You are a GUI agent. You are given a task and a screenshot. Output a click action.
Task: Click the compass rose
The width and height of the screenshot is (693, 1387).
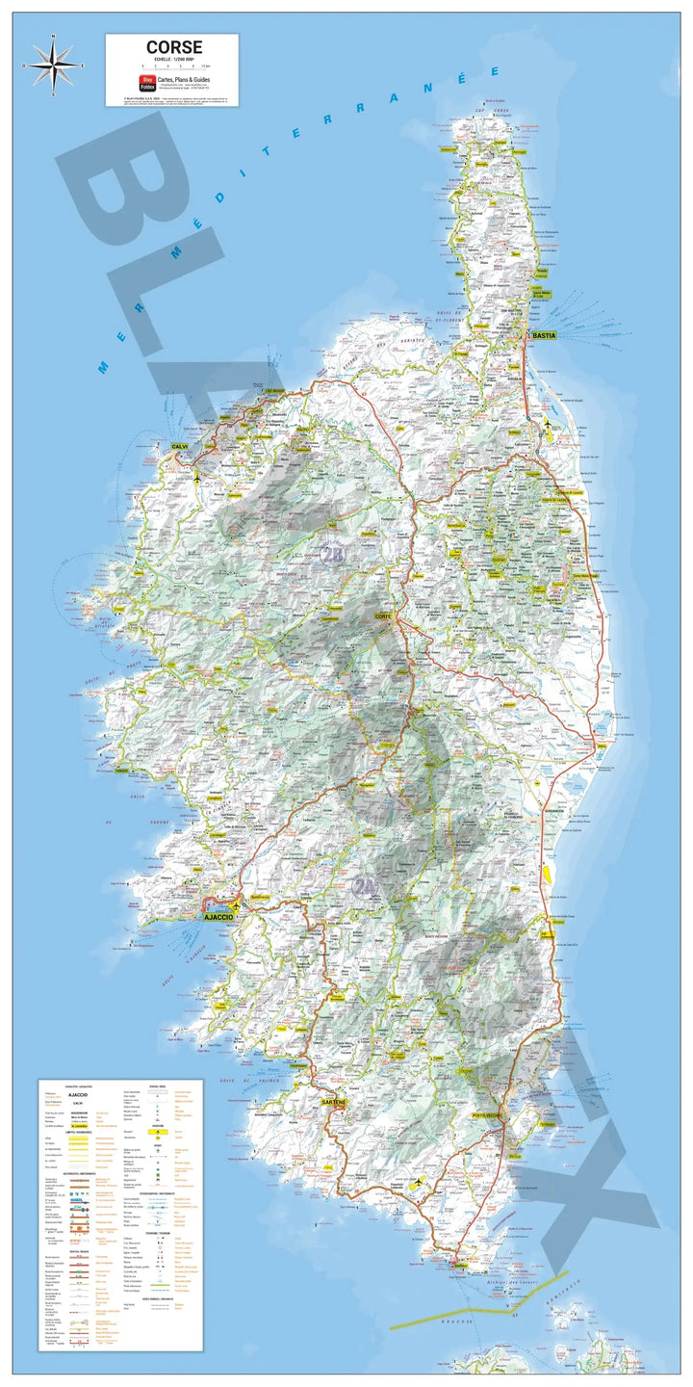(x=53, y=65)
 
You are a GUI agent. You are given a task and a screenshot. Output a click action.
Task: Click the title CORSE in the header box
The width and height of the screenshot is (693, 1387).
(x=174, y=47)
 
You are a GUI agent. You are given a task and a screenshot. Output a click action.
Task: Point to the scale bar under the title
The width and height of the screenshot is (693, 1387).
(x=173, y=65)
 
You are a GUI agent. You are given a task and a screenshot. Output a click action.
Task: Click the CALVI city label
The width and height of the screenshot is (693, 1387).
(x=180, y=447)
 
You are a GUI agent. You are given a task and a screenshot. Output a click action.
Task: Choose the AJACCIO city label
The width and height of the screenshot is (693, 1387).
(x=218, y=916)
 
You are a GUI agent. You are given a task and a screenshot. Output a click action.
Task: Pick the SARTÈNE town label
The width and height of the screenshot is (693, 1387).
(x=335, y=1101)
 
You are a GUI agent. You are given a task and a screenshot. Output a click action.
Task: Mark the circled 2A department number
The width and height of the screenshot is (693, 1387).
(x=364, y=886)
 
